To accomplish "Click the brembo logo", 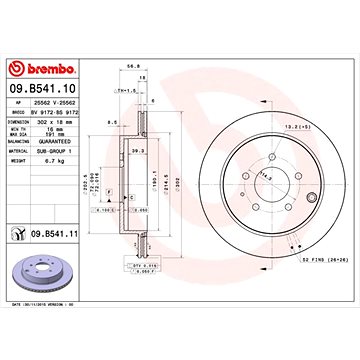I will [44, 67].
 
